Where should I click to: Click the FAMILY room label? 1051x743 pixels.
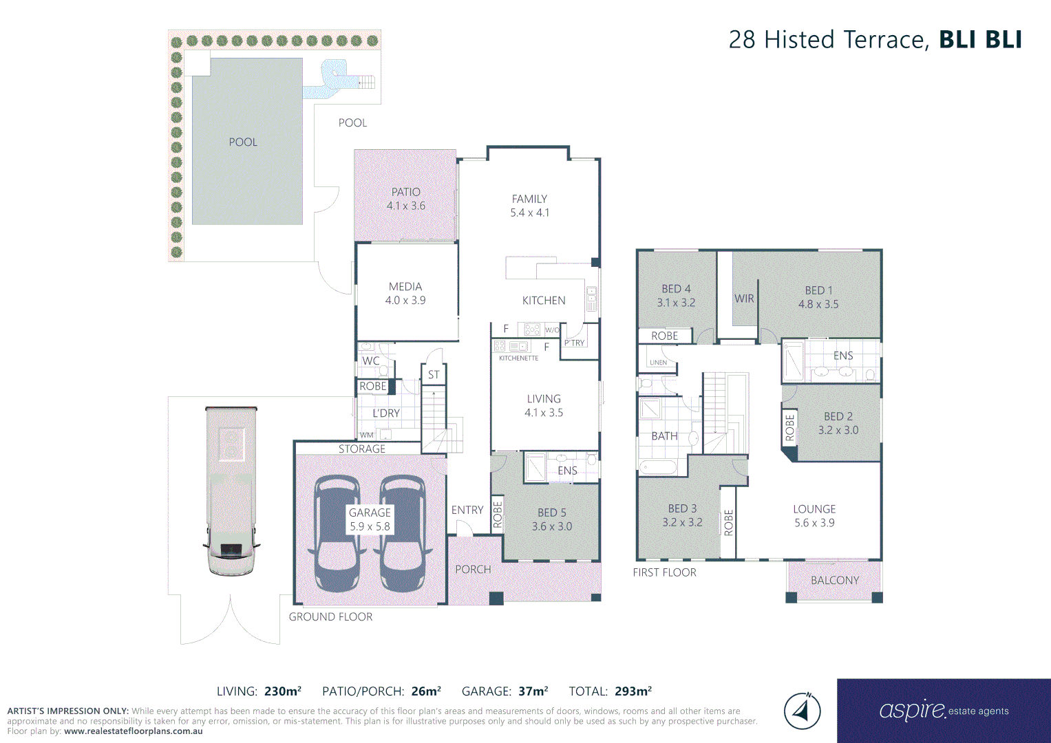[529, 199]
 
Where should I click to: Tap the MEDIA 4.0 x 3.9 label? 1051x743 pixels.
[405, 293]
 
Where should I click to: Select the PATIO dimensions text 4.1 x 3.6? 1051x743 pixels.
[406, 206]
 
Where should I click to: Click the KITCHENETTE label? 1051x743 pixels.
[518, 358]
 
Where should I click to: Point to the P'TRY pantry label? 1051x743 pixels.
[574, 343]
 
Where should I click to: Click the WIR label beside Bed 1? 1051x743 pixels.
[744, 299]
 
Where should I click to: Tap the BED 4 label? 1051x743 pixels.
[676, 289]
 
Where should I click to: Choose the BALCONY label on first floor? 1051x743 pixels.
[835, 580]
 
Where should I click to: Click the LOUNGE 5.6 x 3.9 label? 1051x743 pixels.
[814, 516]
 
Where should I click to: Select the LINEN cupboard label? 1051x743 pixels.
[658, 363]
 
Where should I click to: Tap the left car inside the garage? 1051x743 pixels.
[337, 533]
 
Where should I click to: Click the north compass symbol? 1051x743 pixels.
[802, 711]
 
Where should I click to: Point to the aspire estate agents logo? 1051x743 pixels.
[944, 710]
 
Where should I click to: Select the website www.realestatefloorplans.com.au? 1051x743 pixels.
[133, 731]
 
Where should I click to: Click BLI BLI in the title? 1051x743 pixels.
[980, 39]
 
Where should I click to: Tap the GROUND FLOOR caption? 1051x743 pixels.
[330, 617]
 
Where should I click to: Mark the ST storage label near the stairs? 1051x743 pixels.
[434, 375]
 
